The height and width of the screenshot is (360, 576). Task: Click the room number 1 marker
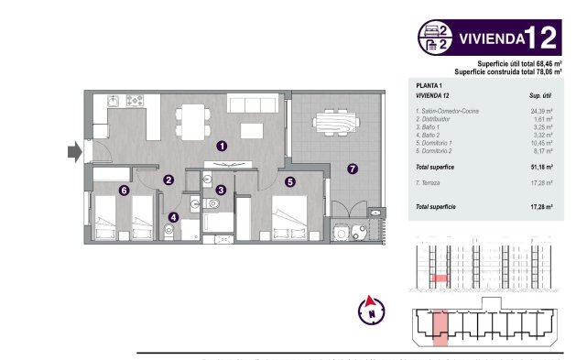click(x=222, y=145)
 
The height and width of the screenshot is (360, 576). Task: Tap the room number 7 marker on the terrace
click(x=352, y=168)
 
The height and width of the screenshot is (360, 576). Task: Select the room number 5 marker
click(x=289, y=181)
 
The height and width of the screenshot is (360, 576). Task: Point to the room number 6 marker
click(x=124, y=190)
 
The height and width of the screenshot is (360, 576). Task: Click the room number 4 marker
click(x=173, y=217)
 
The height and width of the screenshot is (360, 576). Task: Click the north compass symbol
click(x=372, y=310)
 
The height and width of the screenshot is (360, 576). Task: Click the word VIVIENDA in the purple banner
click(x=490, y=38)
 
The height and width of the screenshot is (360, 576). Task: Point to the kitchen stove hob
click(x=134, y=98)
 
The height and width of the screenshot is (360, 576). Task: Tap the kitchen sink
click(x=112, y=98)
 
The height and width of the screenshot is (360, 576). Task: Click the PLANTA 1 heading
click(x=429, y=83)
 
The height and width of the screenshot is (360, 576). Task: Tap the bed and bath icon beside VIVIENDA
click(x=436, y=38)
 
